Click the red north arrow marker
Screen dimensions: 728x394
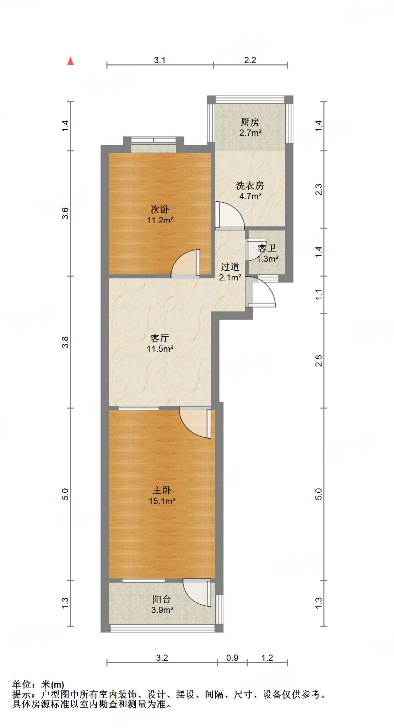click(70, 61)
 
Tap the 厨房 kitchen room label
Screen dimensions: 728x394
click(250, 122)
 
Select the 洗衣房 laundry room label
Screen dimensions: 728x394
click(250, 186)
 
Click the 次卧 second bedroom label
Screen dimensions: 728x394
click(160, 209)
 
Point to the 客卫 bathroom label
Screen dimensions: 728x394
click(267, 248)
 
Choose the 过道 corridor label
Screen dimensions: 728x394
click(230, 267)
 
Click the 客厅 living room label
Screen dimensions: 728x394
click(160, 338)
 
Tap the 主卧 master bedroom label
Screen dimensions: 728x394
click(162, 490)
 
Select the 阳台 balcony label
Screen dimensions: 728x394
click(162, 599)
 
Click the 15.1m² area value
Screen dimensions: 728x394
click(162, 501)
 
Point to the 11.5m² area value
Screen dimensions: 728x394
click(160, 349)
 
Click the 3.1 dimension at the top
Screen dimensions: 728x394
click(160, 60)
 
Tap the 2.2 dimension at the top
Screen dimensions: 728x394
click(250, 60)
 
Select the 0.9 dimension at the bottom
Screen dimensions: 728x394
click(232, 658)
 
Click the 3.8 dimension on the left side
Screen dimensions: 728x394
click(65, 342)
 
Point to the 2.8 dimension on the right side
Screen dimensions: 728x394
click(319, 360)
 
